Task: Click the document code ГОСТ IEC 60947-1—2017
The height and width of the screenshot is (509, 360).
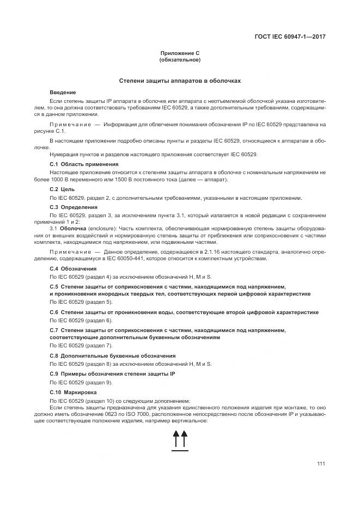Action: pyautogui.click(x=294, y=37)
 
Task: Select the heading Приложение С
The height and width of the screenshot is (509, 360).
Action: pyautogui.click(x=180, y=52)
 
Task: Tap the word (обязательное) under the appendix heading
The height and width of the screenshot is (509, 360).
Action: pyautogui.click(x=180, y=59)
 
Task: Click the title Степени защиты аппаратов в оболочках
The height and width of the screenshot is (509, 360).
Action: pyautogui.click(x=180, y=81)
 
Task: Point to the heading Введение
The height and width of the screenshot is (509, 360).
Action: pyautogui.click(x=63, y=93)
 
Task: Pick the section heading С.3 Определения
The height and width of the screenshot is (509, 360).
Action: pyautogui.click(x=74, y=207)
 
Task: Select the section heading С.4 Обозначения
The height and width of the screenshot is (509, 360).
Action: pyautogui.click(x=73, y=268)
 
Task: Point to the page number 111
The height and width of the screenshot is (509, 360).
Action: pyautogui.click(x=321, y=463)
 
